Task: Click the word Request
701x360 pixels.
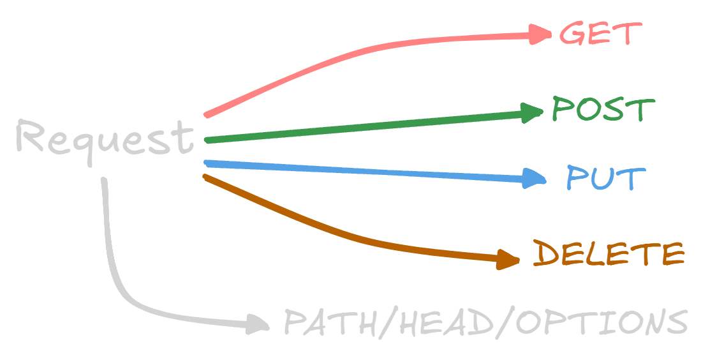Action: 104,139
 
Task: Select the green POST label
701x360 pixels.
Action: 602,110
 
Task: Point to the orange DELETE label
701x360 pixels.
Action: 608,254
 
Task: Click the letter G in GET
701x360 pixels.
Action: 572,33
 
